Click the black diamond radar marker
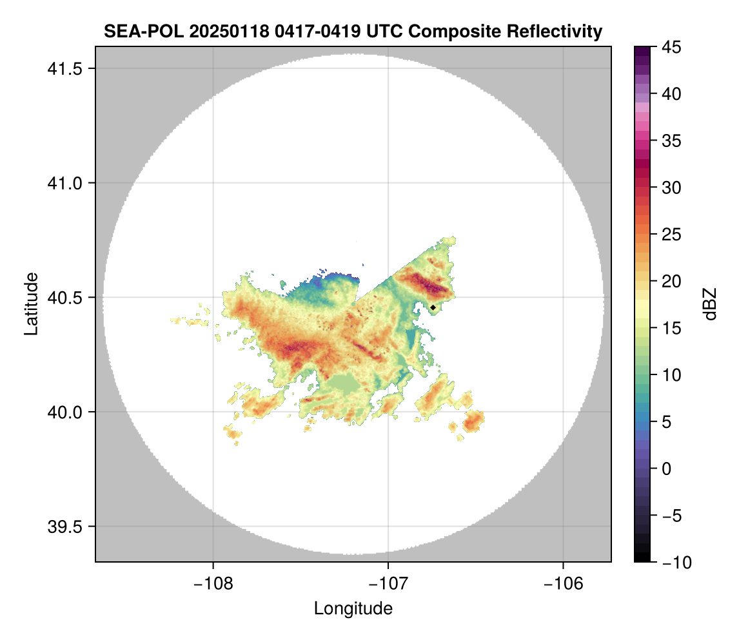click(x=433, y=307)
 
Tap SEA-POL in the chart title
click(x=137, y=31)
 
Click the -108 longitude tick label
click(x=213, y=583)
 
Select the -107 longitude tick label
click(x=388, y=583)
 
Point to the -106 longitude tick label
click(x=564, y=583)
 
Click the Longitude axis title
click(x=353, y=608)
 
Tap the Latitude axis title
click(x=30, y=304)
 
